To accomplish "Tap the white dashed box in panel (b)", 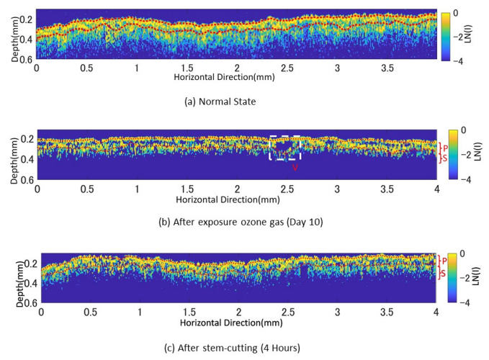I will coord(285,148).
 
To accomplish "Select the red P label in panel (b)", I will coord(445,148).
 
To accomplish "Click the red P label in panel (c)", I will coord(444,261).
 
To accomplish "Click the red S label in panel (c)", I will coord(444,274).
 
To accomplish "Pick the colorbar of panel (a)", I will coord(447,35).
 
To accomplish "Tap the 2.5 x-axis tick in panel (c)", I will coord(288,314).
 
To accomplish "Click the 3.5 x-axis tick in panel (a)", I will coord(387,68).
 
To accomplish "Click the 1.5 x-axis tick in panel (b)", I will coord(187,189).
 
